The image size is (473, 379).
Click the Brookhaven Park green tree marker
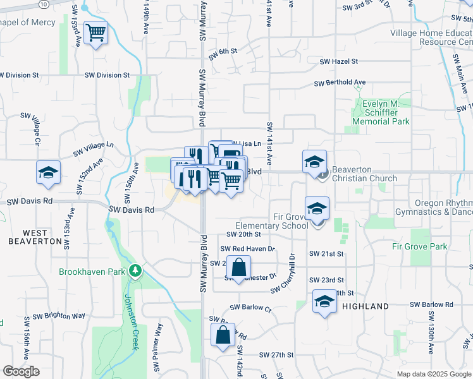click(x=135, y=271)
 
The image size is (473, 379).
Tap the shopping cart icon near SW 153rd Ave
click(x=95, y=32)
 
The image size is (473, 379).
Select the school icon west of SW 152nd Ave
click(x=48, y=174)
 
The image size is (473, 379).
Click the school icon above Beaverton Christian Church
click(x=314, y=162)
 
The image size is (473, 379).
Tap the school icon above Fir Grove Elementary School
click(x=317, y=208)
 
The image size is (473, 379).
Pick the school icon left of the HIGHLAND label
click(x=324, y=301)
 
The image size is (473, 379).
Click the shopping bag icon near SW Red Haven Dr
click(x=238, y=267)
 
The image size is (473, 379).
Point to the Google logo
click(x=20, y=371)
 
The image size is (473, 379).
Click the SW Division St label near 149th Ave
click(x=107, y=75)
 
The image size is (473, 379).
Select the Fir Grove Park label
click(x=419, y=246)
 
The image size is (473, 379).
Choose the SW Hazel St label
click(x=339, y=62)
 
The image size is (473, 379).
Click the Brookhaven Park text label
click(x=92, y=272)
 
